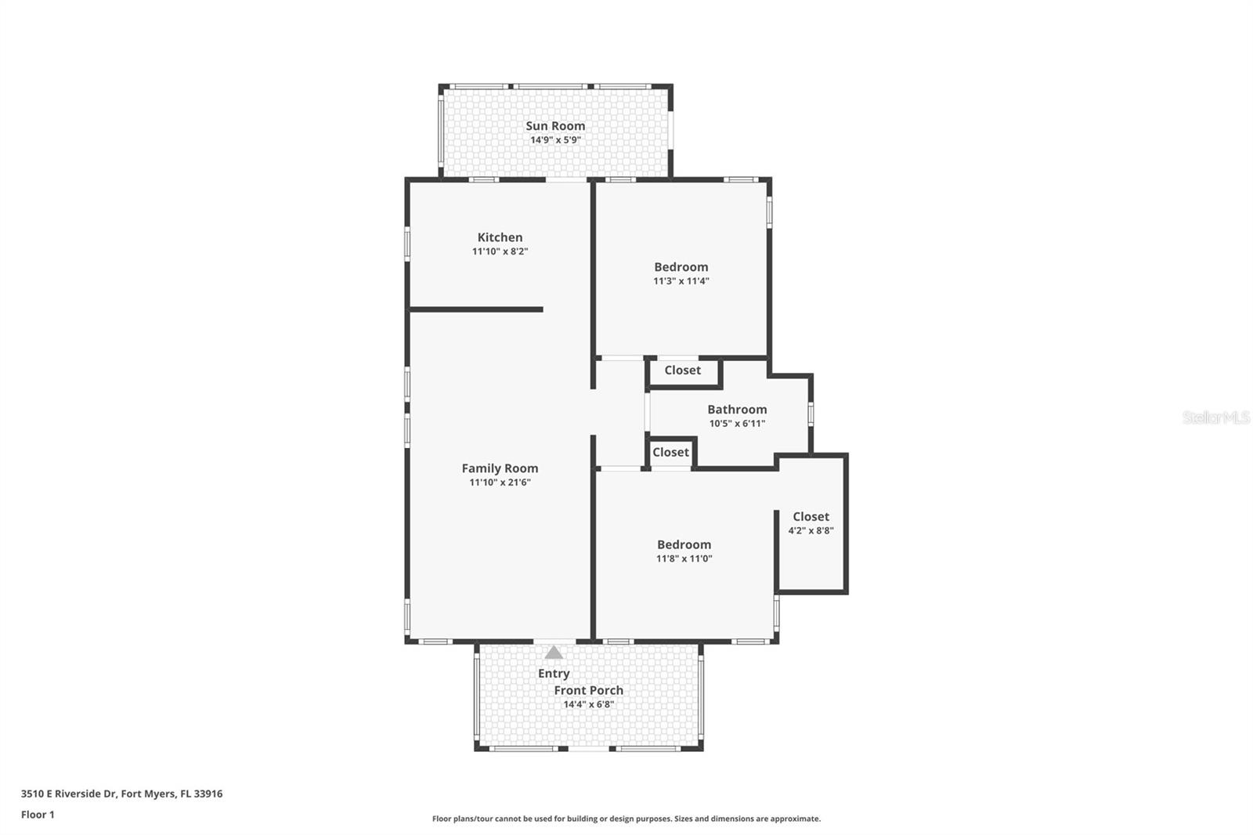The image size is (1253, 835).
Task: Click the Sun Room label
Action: point(555,126)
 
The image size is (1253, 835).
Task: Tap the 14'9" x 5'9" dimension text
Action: point(555,140)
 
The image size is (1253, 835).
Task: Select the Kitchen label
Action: point(500,237)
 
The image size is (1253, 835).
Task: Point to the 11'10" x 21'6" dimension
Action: point(500,483)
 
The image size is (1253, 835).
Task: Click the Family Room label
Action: point(500,468)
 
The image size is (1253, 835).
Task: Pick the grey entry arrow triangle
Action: point(554,652)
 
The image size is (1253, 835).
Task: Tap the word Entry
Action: point(554,674)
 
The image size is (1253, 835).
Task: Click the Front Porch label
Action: point(589,690)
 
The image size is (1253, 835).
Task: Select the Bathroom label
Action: point(737,410)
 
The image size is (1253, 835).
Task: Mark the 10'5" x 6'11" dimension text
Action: point(737,424)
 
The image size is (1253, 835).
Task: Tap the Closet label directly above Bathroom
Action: point(682,371)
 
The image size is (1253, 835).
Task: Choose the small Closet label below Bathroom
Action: point(670,452)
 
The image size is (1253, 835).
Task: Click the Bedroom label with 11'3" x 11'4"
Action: point(681,267)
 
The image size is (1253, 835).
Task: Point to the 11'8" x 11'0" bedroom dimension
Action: point(684,559)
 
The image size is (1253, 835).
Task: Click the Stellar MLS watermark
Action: point(1215,417)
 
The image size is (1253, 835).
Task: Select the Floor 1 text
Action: point(38,815)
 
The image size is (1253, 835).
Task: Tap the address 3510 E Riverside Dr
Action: point(121,793)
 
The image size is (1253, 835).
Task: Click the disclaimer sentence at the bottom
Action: point(626,819)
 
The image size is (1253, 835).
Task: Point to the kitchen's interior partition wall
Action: point(476,309)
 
